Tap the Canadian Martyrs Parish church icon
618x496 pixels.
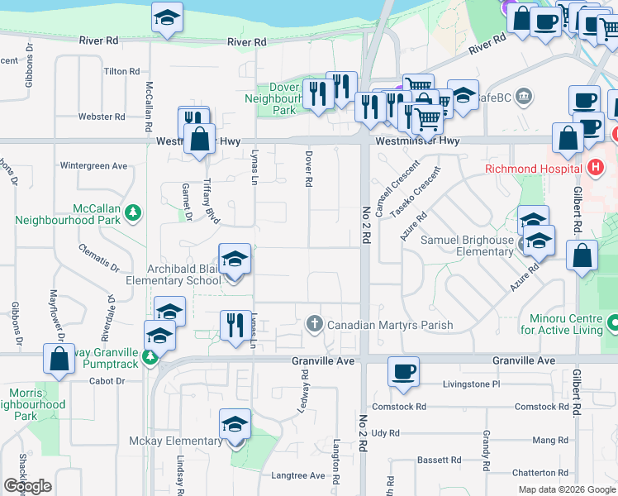point(314,324)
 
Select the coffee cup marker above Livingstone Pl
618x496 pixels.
point(403,372)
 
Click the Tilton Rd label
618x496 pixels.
point(121,72)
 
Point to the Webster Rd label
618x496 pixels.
point(102,117)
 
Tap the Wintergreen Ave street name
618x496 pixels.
point(93,166)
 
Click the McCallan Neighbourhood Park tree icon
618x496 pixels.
point(132,215)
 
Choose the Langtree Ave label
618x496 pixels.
point(299,475)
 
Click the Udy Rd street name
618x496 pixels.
point(385,433)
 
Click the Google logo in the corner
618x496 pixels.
point(28,486)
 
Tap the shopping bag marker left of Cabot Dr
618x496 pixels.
point(59,360)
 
